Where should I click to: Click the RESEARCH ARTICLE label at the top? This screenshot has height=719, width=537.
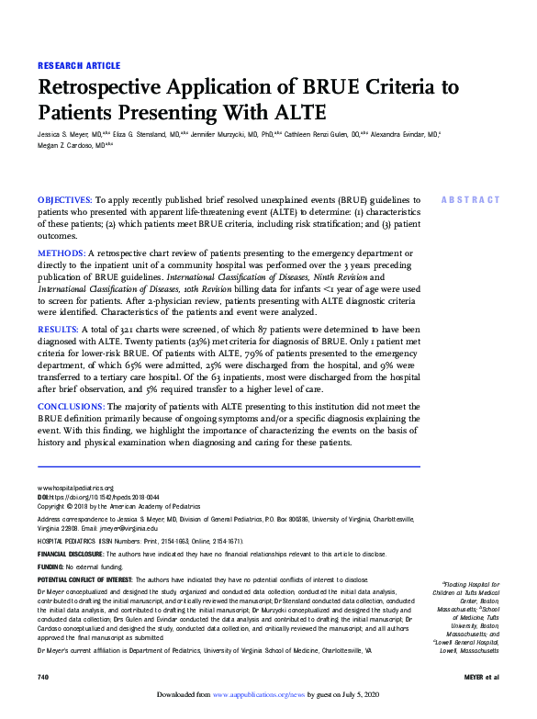click(78, 66)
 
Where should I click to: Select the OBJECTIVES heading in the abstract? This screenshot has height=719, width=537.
click(64, 199)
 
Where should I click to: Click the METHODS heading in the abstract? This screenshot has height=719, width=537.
click(61, 253)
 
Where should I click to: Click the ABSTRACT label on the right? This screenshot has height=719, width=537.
click(471, 200)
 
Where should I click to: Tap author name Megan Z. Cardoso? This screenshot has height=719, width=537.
click(66, 144)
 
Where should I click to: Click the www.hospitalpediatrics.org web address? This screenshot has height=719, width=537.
click(75, 488)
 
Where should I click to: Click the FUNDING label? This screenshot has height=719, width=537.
click(50, 567)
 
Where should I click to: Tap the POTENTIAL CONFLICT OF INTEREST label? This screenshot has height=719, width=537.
click(84, 580)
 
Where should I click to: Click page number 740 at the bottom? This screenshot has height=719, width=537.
click(42, 677)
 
